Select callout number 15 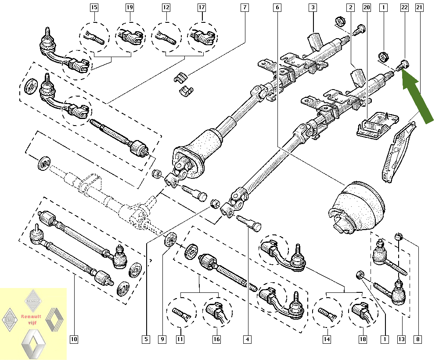pyautogui.click(x=94, y=7)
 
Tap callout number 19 pyautogui.click(x=130, y=7)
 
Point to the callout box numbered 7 pyautogui.click(x=245, y=7)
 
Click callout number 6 pyautogui.click(x=277, y=7)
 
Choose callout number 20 pyautogui.click(x=367, y=7)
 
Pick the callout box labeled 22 pyautogui.click(x=404, y=7)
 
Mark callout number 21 pyautogui.click(x=419, y=7)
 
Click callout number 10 pyautogui.click(x=73, y=339)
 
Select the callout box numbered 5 pyautogui.click(x=146, y=339)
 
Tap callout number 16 pyautogui.click(x=217, y=339)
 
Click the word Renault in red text pyautogui.click(x=31, y=316)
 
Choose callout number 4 pyautogui.click(x=248, y=339)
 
